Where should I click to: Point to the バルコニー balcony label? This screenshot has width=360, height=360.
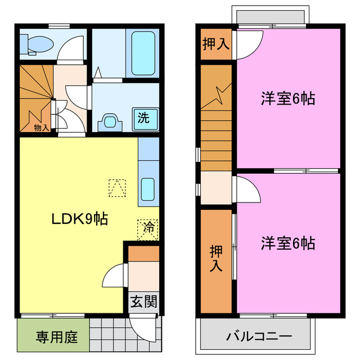click(259, 336)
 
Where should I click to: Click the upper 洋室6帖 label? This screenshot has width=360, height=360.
click(287, 99)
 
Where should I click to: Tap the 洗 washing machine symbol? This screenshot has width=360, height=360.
click(143, 118)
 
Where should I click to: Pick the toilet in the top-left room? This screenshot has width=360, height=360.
click(37, 43)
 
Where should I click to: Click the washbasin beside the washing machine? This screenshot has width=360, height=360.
click(111, 120)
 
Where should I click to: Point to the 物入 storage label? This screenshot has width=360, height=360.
click(41, 128)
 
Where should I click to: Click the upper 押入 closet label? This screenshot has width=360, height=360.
click(215, 44)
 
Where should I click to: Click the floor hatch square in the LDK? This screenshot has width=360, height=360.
click(117, 188)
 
